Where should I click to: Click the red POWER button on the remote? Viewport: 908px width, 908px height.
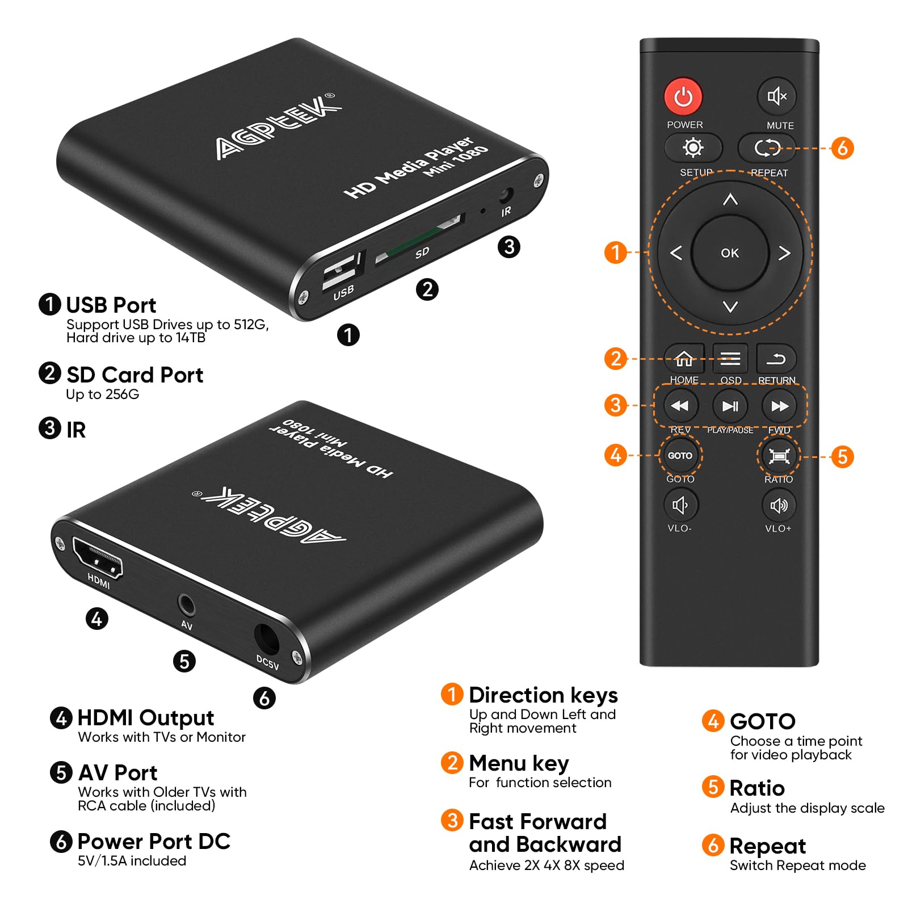[x=683, y=96]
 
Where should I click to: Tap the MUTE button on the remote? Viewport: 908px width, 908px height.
[x=777, y=96]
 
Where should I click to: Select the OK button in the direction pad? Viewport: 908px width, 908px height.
[x=730, y=253]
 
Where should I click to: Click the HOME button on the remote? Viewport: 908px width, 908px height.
[x=684, y=359]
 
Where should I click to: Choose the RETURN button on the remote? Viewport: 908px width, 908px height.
[x=776, y=359]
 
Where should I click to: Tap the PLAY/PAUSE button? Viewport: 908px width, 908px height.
[x=730, y=406]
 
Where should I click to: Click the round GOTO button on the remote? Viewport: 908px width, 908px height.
[x=680, y=456]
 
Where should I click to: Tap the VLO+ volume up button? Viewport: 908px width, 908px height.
[x=779, y=505]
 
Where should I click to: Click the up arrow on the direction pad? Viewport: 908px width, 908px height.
[x=730, y=199]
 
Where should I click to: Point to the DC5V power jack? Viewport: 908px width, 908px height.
[x=266, y=638]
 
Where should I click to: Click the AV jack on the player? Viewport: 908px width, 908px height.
[x=186, y=605]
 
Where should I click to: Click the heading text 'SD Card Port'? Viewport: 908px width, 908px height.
[x=134, y=375]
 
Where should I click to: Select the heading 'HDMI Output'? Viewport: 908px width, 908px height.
[x=145, y=718]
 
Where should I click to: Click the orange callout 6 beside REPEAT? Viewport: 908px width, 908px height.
[x=842, y=148]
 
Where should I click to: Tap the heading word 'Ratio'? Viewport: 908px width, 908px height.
[x=757, y=788]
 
